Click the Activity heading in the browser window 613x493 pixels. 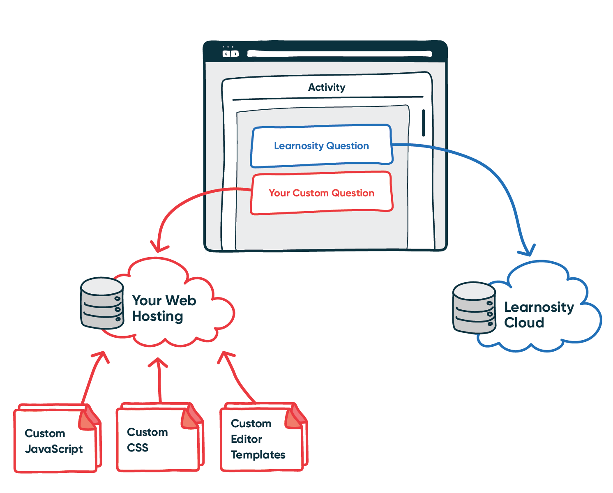pos(327,87)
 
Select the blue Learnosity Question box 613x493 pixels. pos(321,146)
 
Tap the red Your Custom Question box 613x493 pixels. pos(321,193)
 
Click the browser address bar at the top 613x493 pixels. pos(339,53)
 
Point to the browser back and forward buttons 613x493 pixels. pos(230,53)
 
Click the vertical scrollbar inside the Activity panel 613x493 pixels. pos(423,122)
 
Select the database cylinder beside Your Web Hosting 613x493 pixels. pos(102,303)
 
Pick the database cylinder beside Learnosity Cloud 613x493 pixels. pos(474,308)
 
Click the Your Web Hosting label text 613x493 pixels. pos(164,308)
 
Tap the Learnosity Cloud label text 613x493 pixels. pos(538,315)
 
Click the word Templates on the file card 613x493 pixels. pos(258,455)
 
